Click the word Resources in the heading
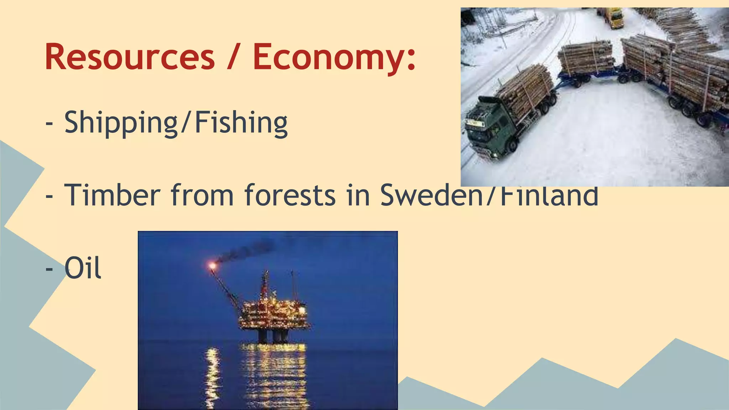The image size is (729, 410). click(x=130, y=57)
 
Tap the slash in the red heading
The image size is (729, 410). click(x=233, y=57)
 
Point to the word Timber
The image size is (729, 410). click(x=112, y=195)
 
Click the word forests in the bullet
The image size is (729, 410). click(x=290, y=195)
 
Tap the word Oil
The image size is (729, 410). click(x=83, y=268)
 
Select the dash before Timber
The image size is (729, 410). click(x=49, y=196)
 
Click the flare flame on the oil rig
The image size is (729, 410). click(x=213, y=265)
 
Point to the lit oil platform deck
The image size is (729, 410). click(x=274, y=313)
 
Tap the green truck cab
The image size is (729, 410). click(x=488, y=128)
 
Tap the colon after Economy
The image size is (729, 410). click(x=411, y=59)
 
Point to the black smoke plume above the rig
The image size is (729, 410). click(x=246, y=249)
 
